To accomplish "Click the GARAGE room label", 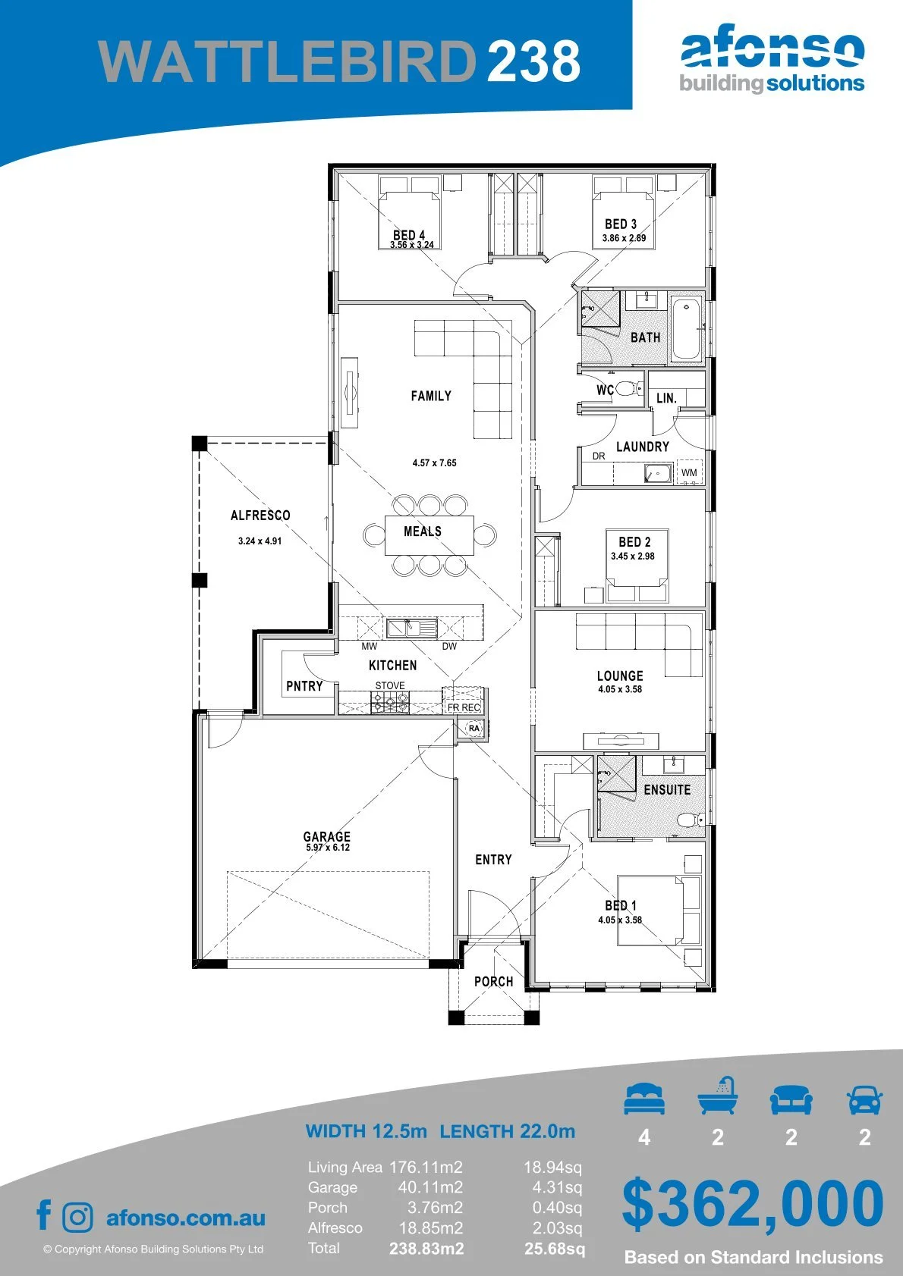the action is pos(326,836).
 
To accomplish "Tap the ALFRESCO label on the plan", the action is pos(260,516).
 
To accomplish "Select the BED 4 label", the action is pos(409,235).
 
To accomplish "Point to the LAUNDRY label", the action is pos(643,447).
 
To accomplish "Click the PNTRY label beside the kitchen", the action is pos(304,686).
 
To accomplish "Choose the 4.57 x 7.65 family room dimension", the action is pos(434,463).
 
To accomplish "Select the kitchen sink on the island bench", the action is pos(411,628).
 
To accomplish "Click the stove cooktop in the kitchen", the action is pos(390,702).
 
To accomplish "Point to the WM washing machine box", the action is pos(689,472).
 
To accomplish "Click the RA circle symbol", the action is pos(474,728).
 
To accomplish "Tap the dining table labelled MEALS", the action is pos(429,535).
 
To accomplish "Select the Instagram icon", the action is pos(77,1218).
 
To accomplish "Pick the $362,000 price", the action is pos(753,1204).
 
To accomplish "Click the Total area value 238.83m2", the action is pos(426,1249).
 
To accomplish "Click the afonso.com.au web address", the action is pos(186,1218).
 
